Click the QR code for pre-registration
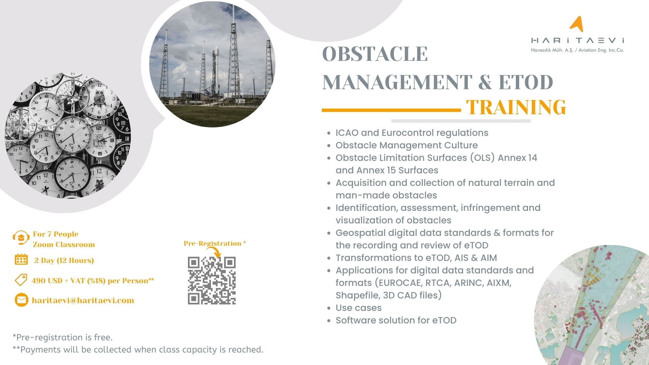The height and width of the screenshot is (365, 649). [x=212, y=281]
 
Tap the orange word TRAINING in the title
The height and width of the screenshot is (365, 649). [x=516, y=107]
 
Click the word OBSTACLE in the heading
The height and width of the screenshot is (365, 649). [x=375, y=54]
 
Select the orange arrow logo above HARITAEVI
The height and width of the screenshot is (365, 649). [x=577, y=24]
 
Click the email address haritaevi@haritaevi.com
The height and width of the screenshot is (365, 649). [x=83, y=300]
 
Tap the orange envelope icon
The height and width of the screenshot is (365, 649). [x=21, y=300]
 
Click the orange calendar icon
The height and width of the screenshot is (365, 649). [x=21, y=260]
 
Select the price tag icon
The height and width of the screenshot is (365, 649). [x=21, y=280]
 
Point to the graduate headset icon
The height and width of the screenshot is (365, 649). [x=21, y=238]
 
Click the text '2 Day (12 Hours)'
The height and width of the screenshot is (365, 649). [x=64, y=260]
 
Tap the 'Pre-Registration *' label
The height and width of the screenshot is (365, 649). [x=215, y=243]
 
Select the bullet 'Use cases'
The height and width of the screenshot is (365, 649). [x=358, y=308]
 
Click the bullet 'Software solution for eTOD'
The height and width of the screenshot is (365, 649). [x=396, y=320]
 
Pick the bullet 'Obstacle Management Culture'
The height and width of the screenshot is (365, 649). [x=407, y=145]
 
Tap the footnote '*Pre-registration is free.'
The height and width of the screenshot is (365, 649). [x=63, y=337]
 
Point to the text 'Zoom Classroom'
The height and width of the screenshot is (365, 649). [x=64, y=245]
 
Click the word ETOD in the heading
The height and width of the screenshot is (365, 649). [x=526, y=82]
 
